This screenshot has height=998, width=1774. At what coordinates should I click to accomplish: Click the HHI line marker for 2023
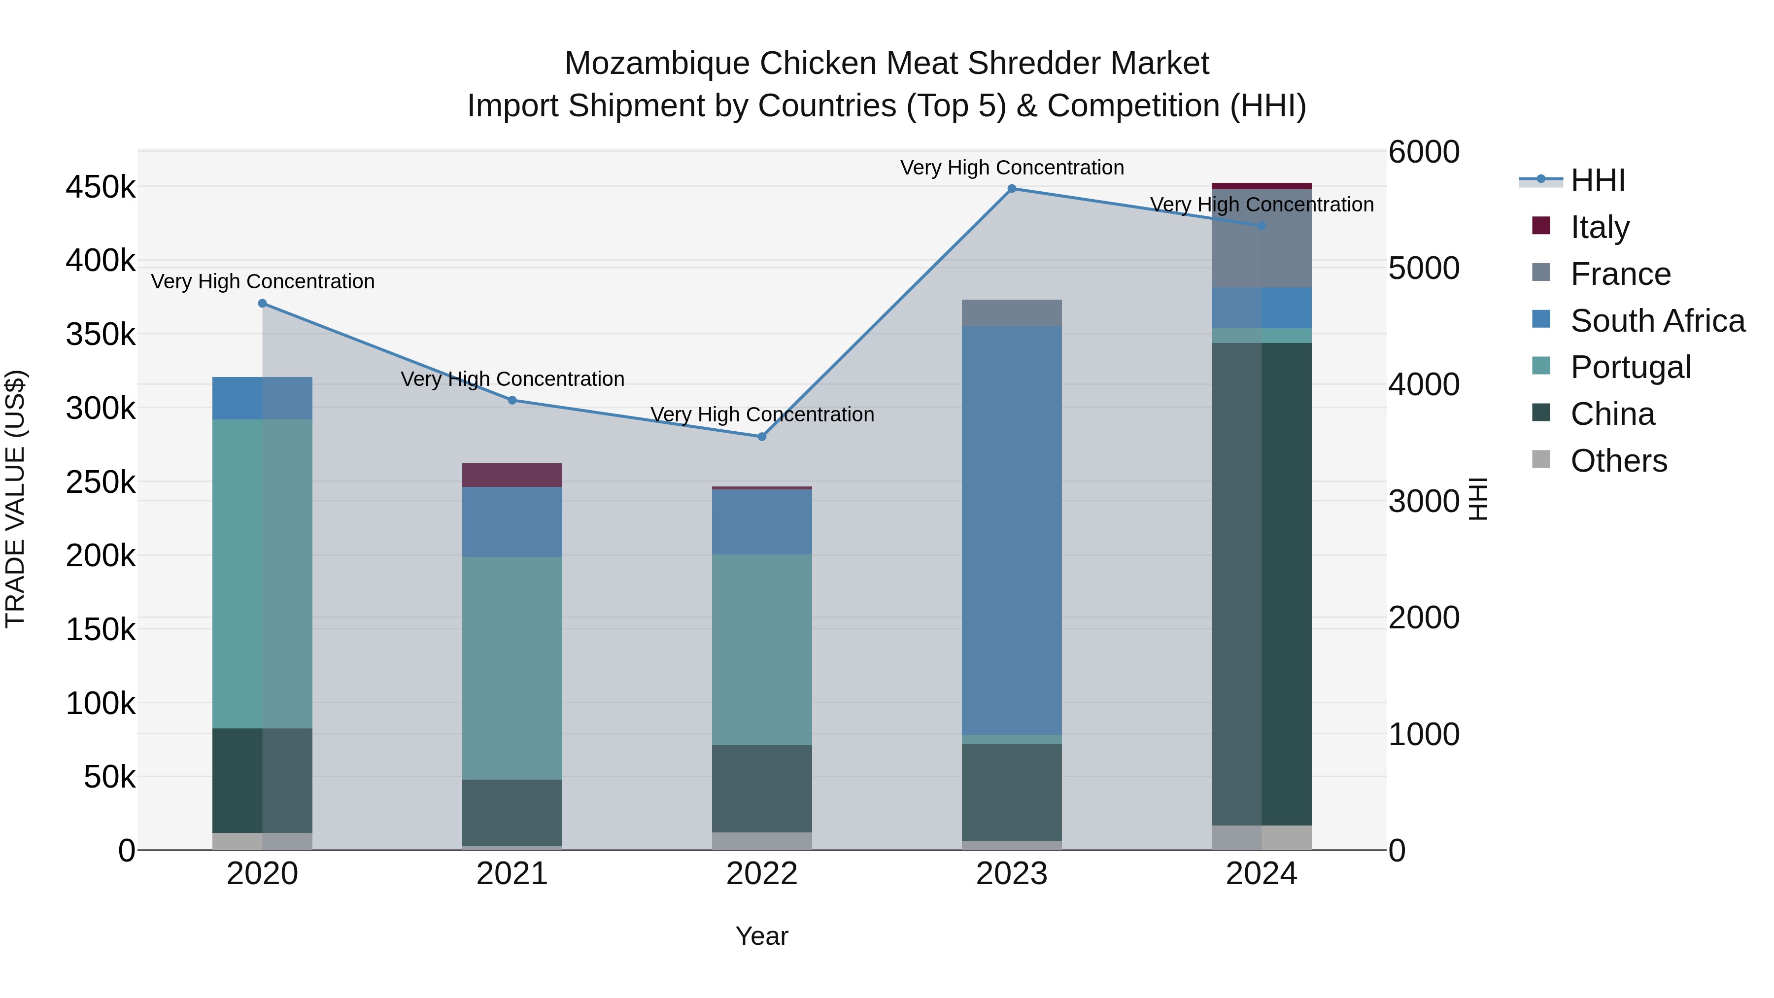(1012, 189)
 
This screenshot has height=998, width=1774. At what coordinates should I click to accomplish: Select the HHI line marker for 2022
(762, 437)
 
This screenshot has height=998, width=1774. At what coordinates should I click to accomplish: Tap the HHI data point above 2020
(262, 304)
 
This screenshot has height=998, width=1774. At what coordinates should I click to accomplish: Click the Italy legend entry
(1600, 227)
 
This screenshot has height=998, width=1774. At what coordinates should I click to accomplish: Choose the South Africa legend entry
(1657, 321)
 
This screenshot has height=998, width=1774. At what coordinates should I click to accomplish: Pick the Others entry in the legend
(1618, 461)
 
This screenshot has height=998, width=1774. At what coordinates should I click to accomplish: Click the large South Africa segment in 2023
(1012, 530)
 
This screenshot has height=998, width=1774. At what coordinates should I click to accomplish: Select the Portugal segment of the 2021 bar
(512, 668)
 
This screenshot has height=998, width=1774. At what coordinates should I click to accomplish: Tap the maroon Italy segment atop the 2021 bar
(512, 475)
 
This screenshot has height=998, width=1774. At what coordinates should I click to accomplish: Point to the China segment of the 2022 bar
(762, 789)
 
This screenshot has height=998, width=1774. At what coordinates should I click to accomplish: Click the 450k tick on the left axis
(101, 187)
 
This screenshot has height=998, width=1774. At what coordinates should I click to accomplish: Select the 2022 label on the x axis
(762, 874)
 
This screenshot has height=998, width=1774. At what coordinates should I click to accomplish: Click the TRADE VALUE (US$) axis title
(16, 499)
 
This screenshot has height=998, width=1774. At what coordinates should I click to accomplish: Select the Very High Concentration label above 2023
(1012, 168)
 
